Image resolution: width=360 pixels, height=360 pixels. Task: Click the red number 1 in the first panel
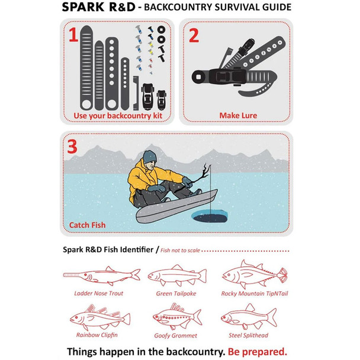click(x=73, y=34)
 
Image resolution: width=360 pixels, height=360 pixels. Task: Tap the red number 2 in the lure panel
click(x=194, y=36)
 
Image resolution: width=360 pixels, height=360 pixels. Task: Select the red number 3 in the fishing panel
click(x=72, y=146)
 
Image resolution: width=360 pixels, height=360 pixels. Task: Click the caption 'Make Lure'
click(x=238, y=115)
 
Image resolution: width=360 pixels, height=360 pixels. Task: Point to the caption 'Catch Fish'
click(x=87, y=225)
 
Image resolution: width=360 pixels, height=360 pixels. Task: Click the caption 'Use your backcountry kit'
click(x=118, y=115)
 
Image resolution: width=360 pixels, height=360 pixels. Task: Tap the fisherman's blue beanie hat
click(x=150, y=157)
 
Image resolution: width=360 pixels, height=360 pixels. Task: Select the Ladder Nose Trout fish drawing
click(x=102, y=275)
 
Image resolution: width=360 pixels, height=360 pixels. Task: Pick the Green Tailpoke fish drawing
click(x=177, y=275)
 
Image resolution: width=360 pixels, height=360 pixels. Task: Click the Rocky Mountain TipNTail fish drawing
click(x=255, y=274)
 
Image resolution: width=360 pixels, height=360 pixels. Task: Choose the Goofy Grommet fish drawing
click(x=177, y=317)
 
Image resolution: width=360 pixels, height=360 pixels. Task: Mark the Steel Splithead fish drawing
click(x=249, y=316)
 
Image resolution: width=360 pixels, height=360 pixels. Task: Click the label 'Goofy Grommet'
click(x=176, y=336)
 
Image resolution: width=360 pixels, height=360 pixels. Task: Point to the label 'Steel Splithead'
click(x=249, y=335)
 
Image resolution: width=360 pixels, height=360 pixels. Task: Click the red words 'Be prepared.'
click(x=258, y=352)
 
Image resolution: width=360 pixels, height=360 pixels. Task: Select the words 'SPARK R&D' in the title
click(x=99, y=7)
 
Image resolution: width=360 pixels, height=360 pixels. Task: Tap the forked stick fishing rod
click(x=201, y=176)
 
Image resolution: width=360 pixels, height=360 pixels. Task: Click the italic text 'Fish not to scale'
click(x=180, y=250)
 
